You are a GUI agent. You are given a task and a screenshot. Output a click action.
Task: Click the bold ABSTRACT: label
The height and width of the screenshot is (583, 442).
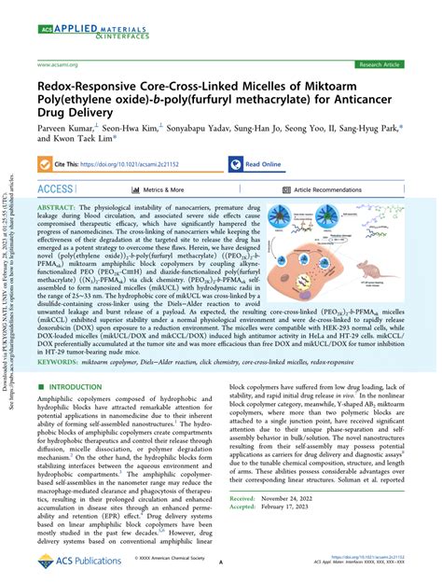tap(62, 210)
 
